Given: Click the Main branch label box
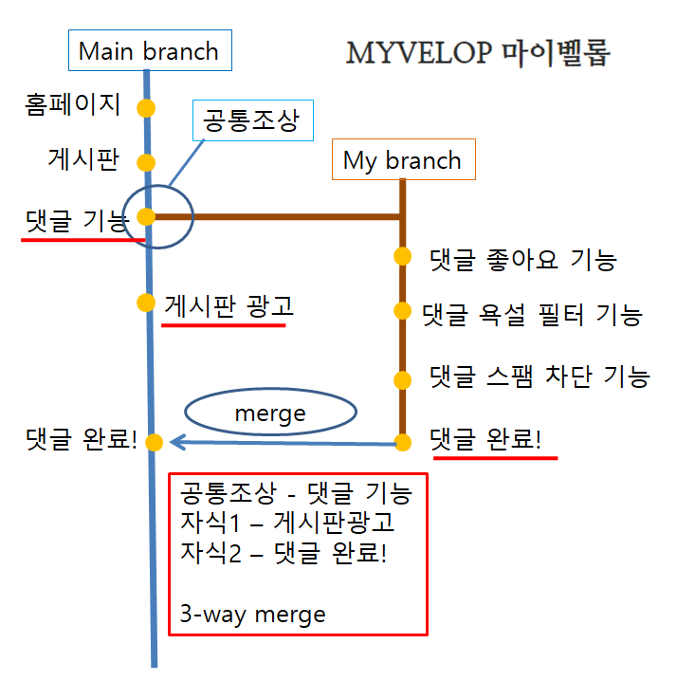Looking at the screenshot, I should [149, 51].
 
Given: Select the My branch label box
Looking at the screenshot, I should [402, 160].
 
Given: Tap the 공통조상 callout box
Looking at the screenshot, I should [251, 120].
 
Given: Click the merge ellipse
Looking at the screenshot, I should [270, 414].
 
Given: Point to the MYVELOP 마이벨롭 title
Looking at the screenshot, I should [478, 52].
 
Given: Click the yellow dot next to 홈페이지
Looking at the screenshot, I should [145, 107].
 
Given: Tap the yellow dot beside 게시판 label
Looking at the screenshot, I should [146, 162].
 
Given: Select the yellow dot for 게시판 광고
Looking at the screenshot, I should [146, 303].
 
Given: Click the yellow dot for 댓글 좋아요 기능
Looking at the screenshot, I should [402, 256].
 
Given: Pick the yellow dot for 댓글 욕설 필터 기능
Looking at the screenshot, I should [402, 311].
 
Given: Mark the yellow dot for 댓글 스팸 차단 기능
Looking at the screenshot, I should [402, 380].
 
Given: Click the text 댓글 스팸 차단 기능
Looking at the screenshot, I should [539, 377].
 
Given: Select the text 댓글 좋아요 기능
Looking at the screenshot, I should [522, 258].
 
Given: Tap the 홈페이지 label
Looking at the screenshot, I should [73, 104].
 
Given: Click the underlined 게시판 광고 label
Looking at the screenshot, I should [229, 305].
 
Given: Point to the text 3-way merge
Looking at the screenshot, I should [252, 614].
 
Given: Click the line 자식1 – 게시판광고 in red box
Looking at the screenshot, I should [287, 522].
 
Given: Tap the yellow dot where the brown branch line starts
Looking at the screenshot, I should [146, 217].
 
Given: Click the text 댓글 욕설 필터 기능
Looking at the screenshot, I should [534, 314].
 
